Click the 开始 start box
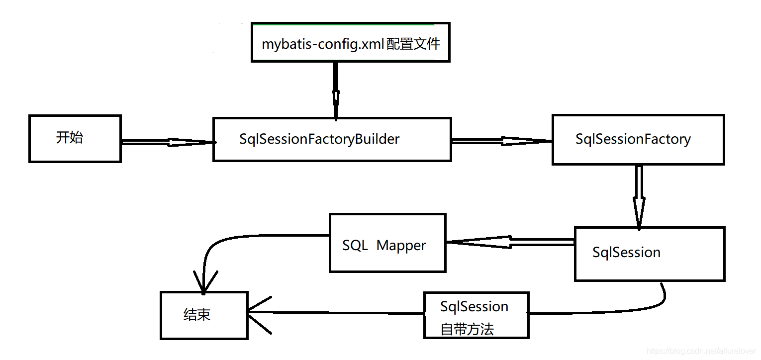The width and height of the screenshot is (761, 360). [x=75, y=138]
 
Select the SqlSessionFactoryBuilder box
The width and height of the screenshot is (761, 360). [x=332, y=139]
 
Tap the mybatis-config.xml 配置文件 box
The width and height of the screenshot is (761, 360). [x=351, y=43]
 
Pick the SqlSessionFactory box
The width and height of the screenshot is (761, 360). [x=638, y=139]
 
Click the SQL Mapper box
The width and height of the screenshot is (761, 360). [x=387, y=243]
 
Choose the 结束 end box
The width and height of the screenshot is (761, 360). [x=204, y=315]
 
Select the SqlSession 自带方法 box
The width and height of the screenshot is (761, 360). [x=476, y=315]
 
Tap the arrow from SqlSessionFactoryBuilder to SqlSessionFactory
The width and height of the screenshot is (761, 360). [x=501, y=141]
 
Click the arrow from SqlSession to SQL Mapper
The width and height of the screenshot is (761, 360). [x=510, y=242]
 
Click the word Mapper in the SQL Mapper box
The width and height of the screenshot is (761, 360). [x=401, y=245]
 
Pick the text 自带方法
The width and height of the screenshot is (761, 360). [x=467, y=329]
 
